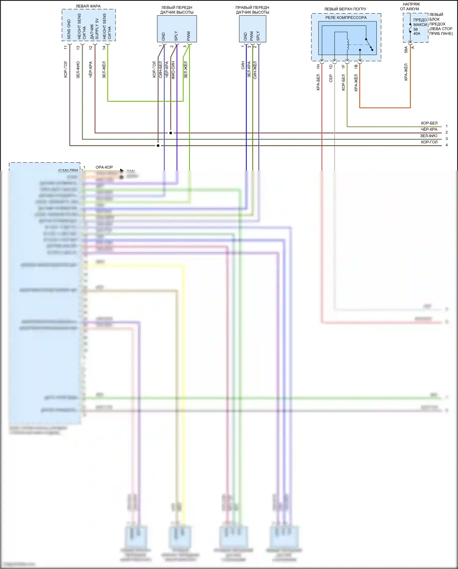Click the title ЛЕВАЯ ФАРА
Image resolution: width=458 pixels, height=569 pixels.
click(x=88, y=6)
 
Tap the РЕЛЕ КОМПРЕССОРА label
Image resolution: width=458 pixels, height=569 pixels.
click(x=346, y=18)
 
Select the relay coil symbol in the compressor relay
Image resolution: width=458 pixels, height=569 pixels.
click(x=347, y=44)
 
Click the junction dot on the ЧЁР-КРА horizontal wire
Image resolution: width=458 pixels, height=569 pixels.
click(x=171, y=133)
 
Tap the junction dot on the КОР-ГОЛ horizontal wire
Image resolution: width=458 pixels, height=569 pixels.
click(x=158, y=146)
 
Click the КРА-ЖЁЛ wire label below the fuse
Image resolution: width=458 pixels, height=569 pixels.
click(x=406, y=72)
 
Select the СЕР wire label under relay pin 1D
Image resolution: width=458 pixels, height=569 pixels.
click(x=331, y=79)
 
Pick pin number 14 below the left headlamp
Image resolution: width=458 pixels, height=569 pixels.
click(x=104, y=48)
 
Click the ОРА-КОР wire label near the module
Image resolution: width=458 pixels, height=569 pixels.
click(x=104, y=167)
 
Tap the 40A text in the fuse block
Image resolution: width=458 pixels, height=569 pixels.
click(x=417, y=34)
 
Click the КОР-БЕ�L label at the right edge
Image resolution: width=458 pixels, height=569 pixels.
click(x=429, y=123)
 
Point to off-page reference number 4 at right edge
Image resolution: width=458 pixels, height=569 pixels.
click(x=446, y=145)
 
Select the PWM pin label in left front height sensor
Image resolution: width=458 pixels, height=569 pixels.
click(x=189, y=36)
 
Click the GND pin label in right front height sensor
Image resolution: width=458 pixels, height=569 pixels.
click(x=245, y=37)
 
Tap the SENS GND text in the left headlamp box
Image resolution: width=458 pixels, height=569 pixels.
click(x=69, y=30)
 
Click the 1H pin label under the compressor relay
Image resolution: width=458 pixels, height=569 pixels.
click(x=318, y=66)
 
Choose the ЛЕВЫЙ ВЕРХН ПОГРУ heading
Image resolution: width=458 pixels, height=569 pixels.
click(x=345, y=9)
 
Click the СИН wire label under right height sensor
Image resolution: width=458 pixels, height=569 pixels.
click(x=243, y=65)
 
